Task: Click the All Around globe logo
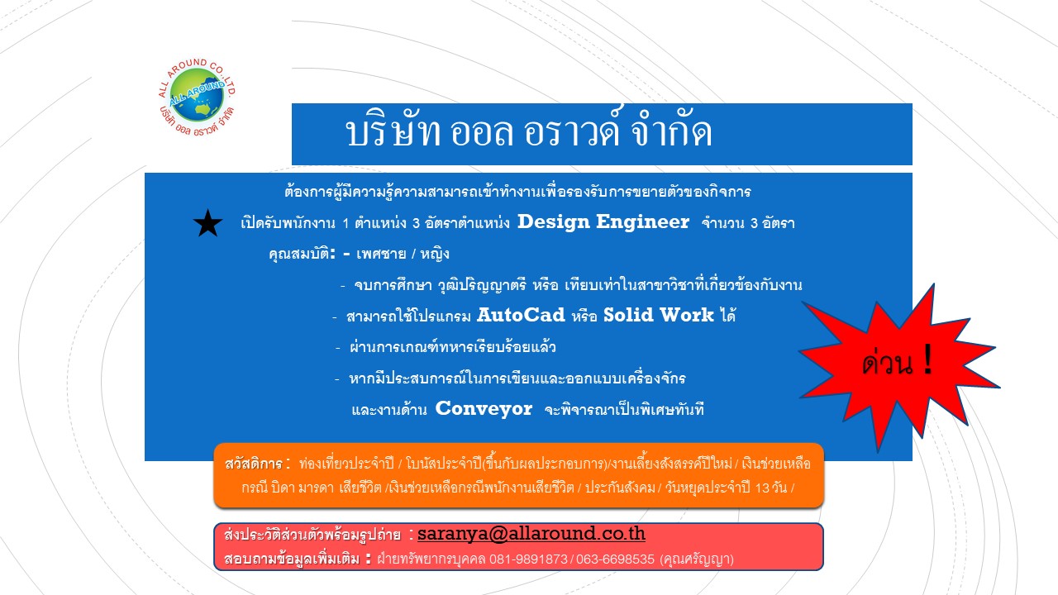[x=197, y=98]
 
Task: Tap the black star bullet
[x=207, y=223]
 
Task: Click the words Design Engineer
[x=603, y=222]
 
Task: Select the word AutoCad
[x=521, y=315]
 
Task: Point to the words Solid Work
[x=659, y=315]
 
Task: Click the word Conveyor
[x=484, y=409]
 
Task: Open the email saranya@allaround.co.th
[x=531, y=534]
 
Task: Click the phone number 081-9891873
[x=528, y=559]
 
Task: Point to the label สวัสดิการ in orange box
[x=254, y=464]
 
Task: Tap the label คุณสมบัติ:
[x=303, y=254]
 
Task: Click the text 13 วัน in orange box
[x=771, y=488]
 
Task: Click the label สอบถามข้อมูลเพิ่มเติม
[x=293, y=559]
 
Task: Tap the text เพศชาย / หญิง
[x=403, y=254]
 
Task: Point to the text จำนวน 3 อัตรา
[x=748, y=223]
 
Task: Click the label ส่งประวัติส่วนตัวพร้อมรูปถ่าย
[x=312, y=535]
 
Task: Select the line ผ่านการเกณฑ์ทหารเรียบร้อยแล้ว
[x=452, y=347]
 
